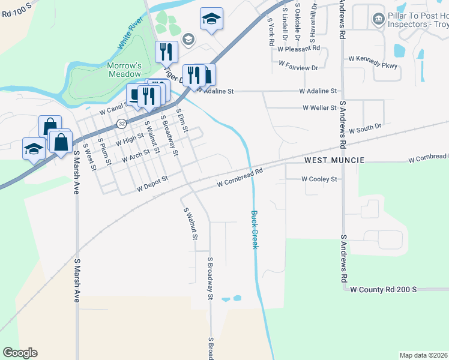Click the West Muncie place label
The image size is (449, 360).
pyautogui.click(x=334, y=161)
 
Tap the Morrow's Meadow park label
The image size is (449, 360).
pyautogui.click(x=124, y=70)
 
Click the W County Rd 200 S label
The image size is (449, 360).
pyautogui.click(x=383, y=289)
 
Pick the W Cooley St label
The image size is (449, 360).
pyautogui.click(x=319, y=179)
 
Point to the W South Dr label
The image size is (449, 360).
pyautogui.click(x=365, y=128)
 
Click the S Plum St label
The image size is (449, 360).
pyautogui.click(x=105, y=151)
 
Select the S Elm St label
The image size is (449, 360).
pyautogui.click(x=182, y=121)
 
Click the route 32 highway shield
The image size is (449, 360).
pyautogui.click(x=122, y=124)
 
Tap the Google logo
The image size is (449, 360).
pyautogui.click(x=20, y=353)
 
